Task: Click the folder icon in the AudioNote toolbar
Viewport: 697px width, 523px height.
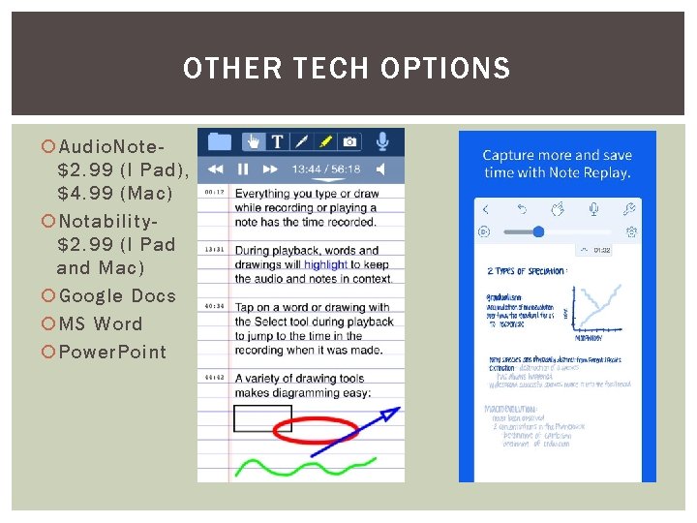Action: [219, 141]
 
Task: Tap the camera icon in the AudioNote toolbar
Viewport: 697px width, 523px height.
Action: [349, 141]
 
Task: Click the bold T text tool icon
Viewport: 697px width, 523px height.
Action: [277, 141]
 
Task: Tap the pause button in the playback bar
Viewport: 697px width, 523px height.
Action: [243, 169]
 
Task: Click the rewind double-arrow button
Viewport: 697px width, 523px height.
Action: [216, 169]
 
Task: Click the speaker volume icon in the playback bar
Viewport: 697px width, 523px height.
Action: [383, 169]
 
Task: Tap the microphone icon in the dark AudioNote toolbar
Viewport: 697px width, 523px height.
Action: [382, 141]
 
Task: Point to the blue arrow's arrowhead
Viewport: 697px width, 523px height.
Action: [391, 414]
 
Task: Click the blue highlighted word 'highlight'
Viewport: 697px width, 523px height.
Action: [325, 264]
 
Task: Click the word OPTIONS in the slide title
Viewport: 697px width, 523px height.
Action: [445, 69]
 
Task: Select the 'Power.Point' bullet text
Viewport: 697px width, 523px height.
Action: [112, 352]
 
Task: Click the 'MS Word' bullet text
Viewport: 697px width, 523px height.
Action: [101, 323]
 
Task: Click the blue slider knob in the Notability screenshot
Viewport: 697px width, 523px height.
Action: [538, 231]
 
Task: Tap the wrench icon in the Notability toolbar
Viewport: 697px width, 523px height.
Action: [629, 209]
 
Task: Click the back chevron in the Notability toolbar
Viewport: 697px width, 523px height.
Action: [485, 209]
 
